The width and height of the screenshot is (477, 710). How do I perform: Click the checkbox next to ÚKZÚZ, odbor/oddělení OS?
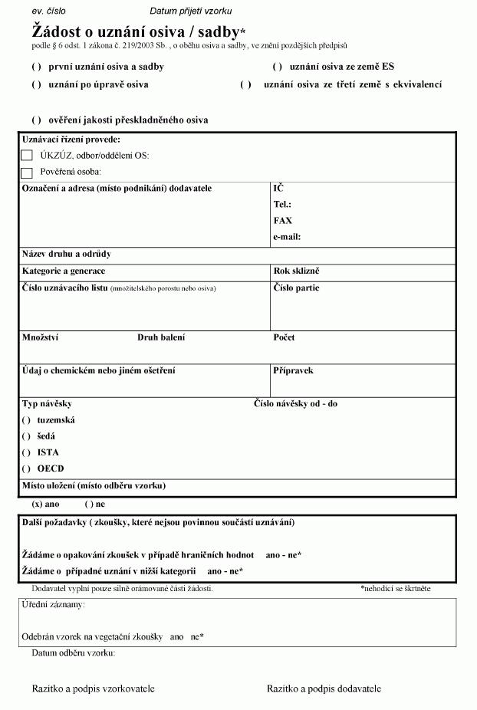(x=27, y=156)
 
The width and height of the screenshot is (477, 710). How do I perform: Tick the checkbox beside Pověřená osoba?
(x=27, y=173)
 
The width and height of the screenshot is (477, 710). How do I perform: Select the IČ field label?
(x=278, y=188)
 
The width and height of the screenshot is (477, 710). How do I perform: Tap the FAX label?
(x=282, y=221)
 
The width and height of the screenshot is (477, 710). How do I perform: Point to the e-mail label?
(x=287, y=237)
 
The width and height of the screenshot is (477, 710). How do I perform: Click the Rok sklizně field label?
(x=296, y=271)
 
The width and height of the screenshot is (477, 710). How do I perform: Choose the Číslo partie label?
(x=296, y=288)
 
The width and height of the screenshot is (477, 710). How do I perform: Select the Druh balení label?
(x=161, y=337)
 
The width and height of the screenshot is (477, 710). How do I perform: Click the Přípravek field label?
(x=293, y=371)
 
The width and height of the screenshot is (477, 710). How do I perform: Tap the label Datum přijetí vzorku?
(x=191, y=12)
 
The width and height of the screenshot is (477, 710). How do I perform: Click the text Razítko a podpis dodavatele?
(x=324, y=689)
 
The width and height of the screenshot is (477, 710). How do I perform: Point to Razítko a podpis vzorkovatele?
(x=93, y=689)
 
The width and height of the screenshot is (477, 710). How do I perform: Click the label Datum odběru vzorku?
(x=74, y=653)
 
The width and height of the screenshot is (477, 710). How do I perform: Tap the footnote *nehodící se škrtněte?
(x=396, y=589)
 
